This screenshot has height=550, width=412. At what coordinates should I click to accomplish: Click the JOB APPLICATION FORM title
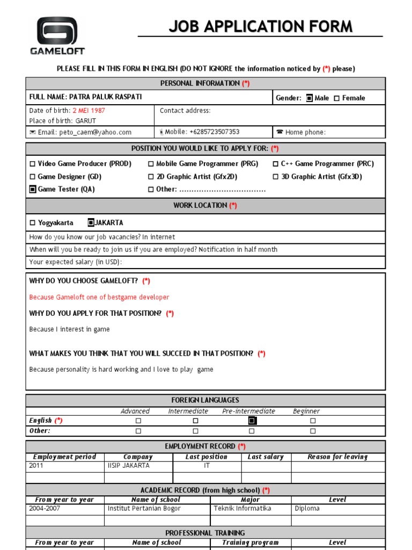(261, 26)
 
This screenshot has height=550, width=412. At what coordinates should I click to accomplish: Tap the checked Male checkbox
(310, 98)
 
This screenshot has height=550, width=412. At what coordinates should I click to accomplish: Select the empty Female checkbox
(337, 98)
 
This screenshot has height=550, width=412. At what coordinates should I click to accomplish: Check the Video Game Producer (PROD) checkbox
(33, 164)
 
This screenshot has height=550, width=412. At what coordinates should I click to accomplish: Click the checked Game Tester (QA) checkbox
(33, 190)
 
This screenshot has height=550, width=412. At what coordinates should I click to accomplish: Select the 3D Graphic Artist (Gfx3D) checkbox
(276, 177)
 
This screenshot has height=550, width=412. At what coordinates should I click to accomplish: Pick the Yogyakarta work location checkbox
(33, 223)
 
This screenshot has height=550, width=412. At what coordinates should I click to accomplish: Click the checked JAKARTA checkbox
(91, 223)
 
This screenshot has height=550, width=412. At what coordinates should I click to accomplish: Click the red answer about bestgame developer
(99, 298)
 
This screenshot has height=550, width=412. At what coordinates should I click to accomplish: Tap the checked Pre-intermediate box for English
(252, 421)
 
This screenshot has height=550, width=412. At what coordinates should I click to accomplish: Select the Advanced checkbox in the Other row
(138, 431)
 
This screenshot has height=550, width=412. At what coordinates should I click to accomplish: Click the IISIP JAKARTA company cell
(129, 466)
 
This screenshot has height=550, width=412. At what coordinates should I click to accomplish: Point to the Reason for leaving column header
(337, 457)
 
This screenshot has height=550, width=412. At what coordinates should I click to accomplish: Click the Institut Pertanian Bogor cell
(144, 509)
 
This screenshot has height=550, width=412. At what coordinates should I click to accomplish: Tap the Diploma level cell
(307, 509)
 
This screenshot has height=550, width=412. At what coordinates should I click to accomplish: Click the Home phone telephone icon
(279, 132)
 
